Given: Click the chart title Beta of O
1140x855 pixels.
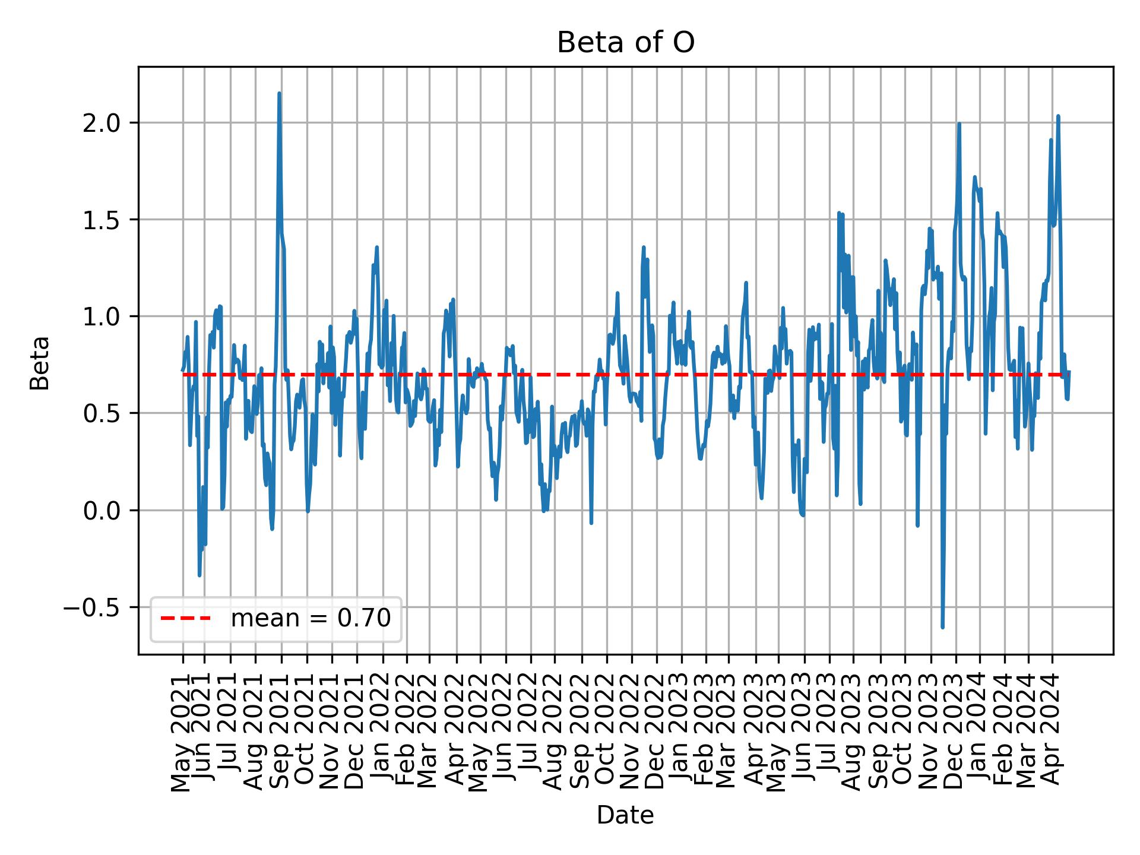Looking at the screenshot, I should click(x=625, y=43).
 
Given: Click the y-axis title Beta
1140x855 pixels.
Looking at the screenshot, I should click(x=40, y=363).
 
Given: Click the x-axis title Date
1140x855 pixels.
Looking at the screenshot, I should click(x=625, y=815).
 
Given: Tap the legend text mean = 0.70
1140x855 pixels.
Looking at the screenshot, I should click(x=311, y=619).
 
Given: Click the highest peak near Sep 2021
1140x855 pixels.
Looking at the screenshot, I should click(x=279, y=93).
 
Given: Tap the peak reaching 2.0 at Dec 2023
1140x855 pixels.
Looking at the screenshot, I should click(x=959, y=124).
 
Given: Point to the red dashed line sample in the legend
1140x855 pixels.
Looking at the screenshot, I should click(x=185, y=619).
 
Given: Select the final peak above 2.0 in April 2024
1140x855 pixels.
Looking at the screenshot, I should click(x=1058, y=116).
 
